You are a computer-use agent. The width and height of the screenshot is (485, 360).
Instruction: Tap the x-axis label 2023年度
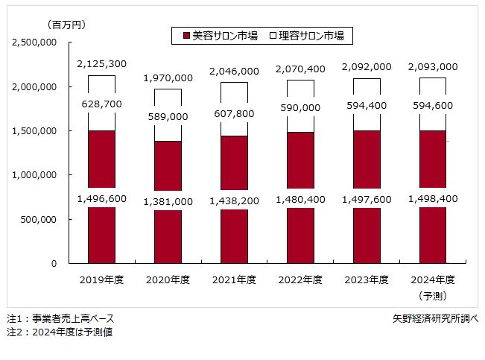(x=367, y=280)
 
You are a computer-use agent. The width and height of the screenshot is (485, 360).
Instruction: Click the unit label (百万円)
(x=66, y=25)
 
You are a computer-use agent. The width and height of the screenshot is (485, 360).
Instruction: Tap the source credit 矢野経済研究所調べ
(x=435, y=318)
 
